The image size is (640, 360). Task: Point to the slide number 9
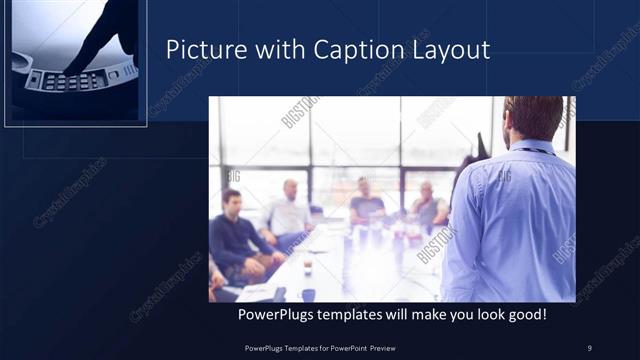coord(589,348)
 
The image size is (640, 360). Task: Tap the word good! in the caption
coord(523,315)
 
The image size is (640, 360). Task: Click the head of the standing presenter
coord(532,118)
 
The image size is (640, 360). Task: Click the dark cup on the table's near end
coord(308,294)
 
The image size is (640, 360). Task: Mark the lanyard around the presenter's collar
coord(530,150)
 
